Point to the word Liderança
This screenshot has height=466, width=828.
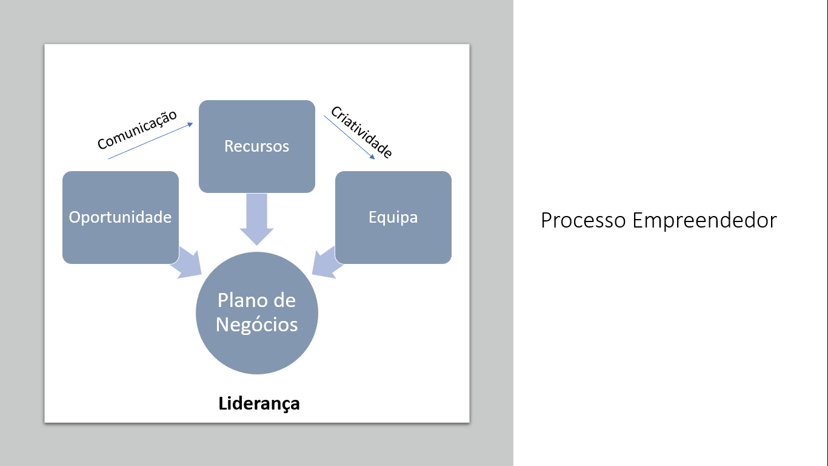(259, 404)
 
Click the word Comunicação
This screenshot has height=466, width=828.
(137, 129)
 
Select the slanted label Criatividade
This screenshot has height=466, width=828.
(361, 132)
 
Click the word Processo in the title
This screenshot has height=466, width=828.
(583, 220)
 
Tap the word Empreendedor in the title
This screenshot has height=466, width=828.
(704, 220)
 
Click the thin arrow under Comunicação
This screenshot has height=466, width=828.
(150, 141)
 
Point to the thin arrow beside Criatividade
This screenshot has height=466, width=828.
(349, 138)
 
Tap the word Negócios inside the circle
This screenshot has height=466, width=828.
(257, 325)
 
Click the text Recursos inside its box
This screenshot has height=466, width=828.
(257, 146)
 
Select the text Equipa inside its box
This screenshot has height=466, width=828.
(393, 217)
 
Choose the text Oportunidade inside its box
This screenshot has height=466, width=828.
(121, 217)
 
